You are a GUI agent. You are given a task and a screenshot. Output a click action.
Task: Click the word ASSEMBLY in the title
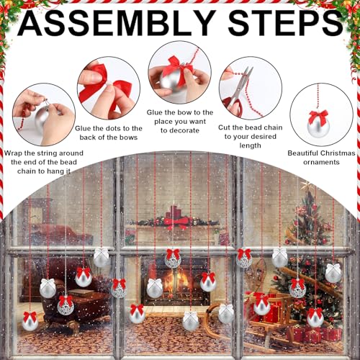117,23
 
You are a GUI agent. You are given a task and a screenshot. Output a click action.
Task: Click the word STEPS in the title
286,23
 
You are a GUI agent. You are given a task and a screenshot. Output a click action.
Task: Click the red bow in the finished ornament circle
318,117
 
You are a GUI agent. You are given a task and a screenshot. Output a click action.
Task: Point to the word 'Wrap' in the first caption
14,153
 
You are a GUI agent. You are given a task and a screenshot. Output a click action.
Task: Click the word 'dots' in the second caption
112,128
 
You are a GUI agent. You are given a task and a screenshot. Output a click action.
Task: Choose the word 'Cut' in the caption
225,127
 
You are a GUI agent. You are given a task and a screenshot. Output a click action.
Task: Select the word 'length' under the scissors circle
251,145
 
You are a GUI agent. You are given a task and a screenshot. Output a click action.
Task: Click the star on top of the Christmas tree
306,186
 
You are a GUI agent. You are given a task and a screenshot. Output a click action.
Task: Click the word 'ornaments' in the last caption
321,162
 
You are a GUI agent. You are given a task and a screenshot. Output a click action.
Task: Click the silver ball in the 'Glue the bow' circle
170,81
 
